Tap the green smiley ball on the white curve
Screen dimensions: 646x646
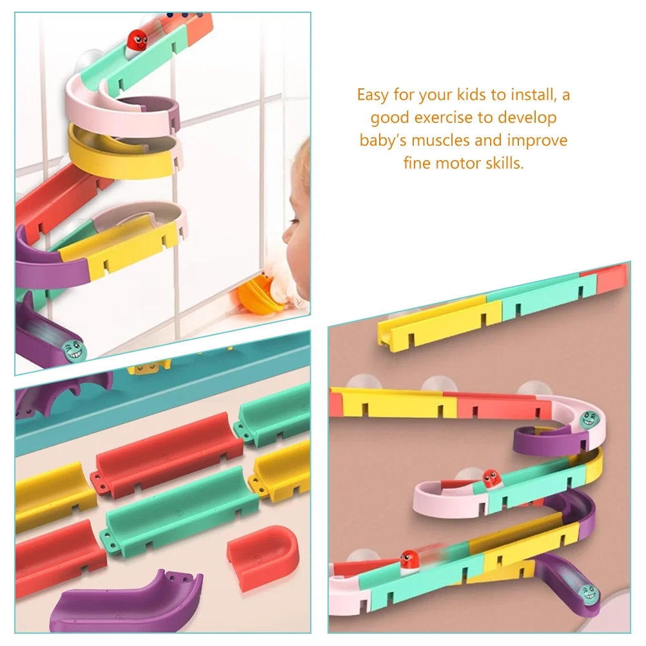coord(589,419)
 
